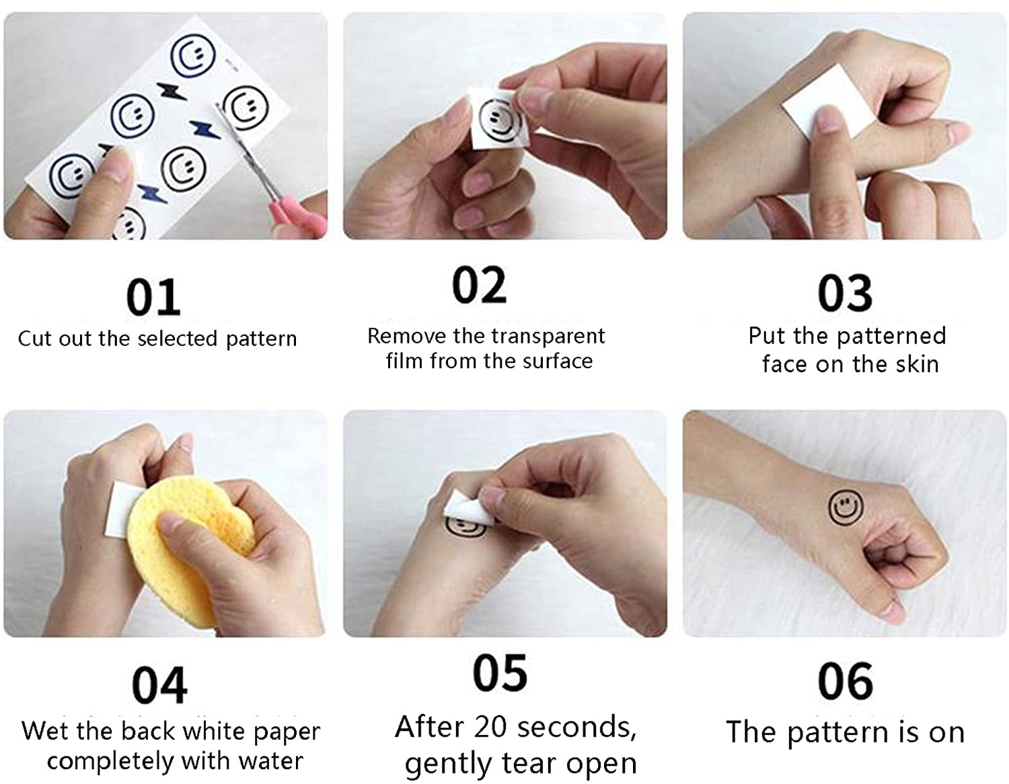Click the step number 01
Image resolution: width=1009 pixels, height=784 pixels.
153,297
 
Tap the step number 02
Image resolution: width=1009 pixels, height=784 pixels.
479,285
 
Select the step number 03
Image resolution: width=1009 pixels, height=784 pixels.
845,293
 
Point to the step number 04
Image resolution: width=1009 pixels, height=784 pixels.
159,686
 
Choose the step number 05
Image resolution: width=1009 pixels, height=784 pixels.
500,673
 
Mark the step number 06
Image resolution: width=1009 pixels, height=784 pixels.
846,681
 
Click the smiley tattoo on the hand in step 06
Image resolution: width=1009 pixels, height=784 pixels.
846,507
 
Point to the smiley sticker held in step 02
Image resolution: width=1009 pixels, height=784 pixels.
498,120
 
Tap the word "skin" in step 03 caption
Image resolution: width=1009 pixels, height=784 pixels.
917,364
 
